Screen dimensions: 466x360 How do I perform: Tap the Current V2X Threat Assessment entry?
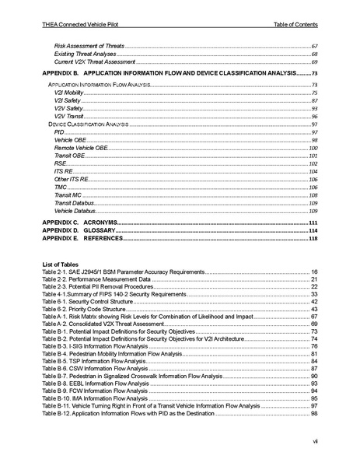[95, 61]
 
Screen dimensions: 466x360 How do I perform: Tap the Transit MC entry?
[69, 195]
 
